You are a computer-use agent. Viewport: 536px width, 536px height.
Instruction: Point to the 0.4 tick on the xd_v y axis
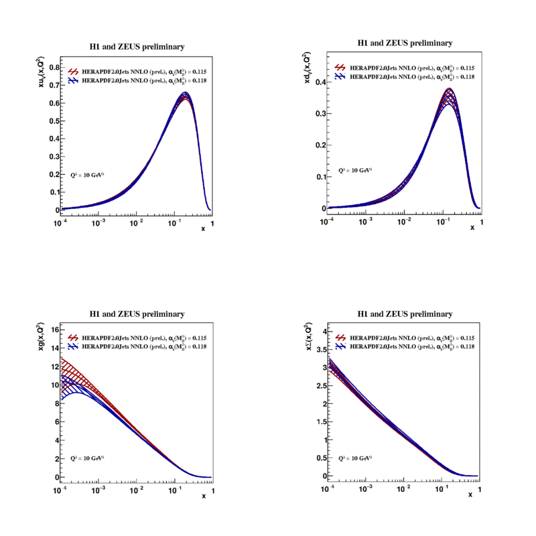coord(320,82)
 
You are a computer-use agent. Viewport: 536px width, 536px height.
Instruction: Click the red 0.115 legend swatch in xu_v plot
coord(73,70)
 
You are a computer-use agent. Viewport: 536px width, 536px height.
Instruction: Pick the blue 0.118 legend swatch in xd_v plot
coord(341,77)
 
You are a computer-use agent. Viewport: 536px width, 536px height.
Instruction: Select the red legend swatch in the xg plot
coord(73,338)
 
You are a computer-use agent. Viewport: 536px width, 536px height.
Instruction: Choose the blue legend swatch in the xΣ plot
coord(341,346)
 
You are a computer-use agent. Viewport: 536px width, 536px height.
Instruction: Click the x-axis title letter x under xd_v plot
coord(472,228)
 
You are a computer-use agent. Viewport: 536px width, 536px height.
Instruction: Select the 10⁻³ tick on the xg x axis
coord(98,490)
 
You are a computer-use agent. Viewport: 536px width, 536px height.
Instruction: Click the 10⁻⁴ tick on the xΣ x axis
coord(328,490)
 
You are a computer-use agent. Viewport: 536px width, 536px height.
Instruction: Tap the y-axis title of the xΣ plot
coord(309,338)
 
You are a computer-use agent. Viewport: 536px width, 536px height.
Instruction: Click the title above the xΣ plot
coord(405,314)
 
